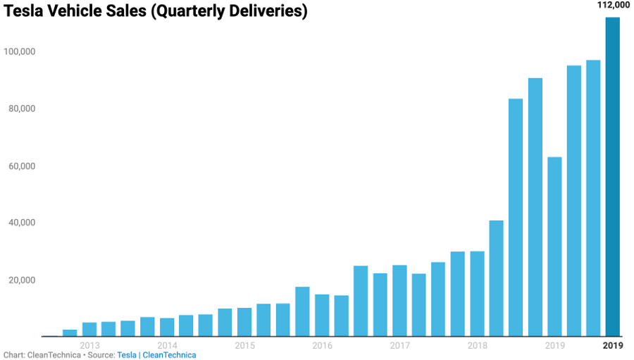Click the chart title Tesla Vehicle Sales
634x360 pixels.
pyautogui.click(x=156, y=12)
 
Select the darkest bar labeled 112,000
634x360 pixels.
pyautogui.click(x=613, y=176)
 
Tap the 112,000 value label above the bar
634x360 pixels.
pyautogui.click(x=613, y=5)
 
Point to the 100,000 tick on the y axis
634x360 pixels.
pyautogui.click(x=20, y=51)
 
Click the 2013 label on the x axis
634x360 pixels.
pyautogui.click(x=89, y=345)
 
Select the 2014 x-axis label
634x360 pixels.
pyautogui.click(x=167, y=345)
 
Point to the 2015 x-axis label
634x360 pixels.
pyautogui.click(x=244, y=345)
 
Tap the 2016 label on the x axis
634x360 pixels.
pyautogui.click(x=322, y=345)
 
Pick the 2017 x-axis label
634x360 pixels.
pyautogui.click(x=399, y=345)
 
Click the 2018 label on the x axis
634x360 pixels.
pyautogui.click(x=477, y=345)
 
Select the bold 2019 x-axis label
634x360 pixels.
pyautogui.click(x=613, y=345)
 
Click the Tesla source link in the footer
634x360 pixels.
pyautogui.click(x=127, y=355)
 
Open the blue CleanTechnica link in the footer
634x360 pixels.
pyautogui.click(x=169, y=355)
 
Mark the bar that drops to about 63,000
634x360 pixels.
pyautogui.click(x=554, y=247)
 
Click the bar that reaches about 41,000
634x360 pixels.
pyautogui.click(x=497, y=278)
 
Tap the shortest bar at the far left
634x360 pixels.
pyautogui.click(x=70, y=333)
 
